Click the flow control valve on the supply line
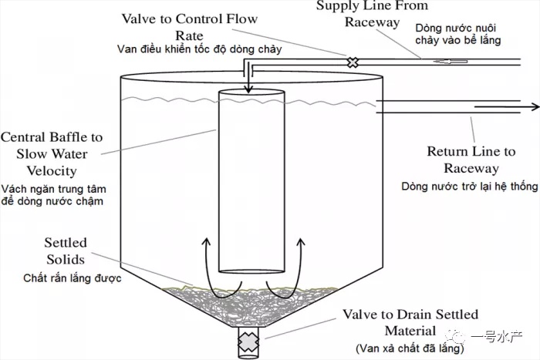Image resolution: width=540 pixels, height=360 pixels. [x=353, y=62]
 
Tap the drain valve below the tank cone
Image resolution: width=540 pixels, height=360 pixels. [x=248, y=341]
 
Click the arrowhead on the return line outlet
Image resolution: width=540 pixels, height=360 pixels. [x=535, y=106]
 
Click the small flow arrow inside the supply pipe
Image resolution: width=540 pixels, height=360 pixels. [x=451, y=61]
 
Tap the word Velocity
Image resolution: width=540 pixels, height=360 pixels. [x=52, y=171]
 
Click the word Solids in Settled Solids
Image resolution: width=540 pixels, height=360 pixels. [x=66, y=259]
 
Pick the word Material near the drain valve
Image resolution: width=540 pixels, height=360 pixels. [x=410, y=331]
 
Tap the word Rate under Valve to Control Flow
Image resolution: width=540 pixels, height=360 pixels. [x=189, y=35]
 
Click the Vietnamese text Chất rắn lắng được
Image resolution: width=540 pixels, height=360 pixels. [x=73, y=278]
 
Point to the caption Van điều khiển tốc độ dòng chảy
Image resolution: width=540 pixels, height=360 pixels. [x=199, y=49]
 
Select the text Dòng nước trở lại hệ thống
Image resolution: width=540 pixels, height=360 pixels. [x=469, y=187]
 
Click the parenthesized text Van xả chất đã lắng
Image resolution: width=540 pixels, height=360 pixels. [x=410, y=348]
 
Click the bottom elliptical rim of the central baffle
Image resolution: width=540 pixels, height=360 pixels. [x=251, y=271]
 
